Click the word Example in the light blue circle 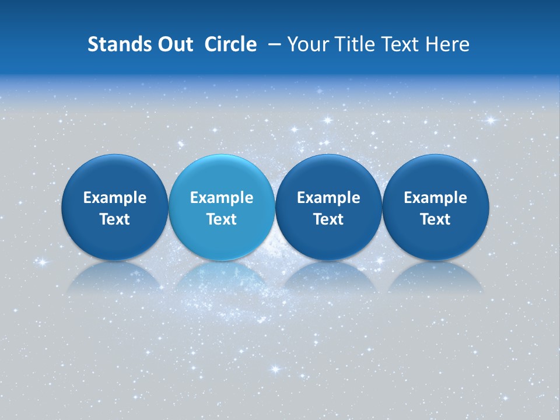222,198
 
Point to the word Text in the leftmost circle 114,219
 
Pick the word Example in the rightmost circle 436,198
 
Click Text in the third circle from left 328,219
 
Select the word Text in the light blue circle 222,219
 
